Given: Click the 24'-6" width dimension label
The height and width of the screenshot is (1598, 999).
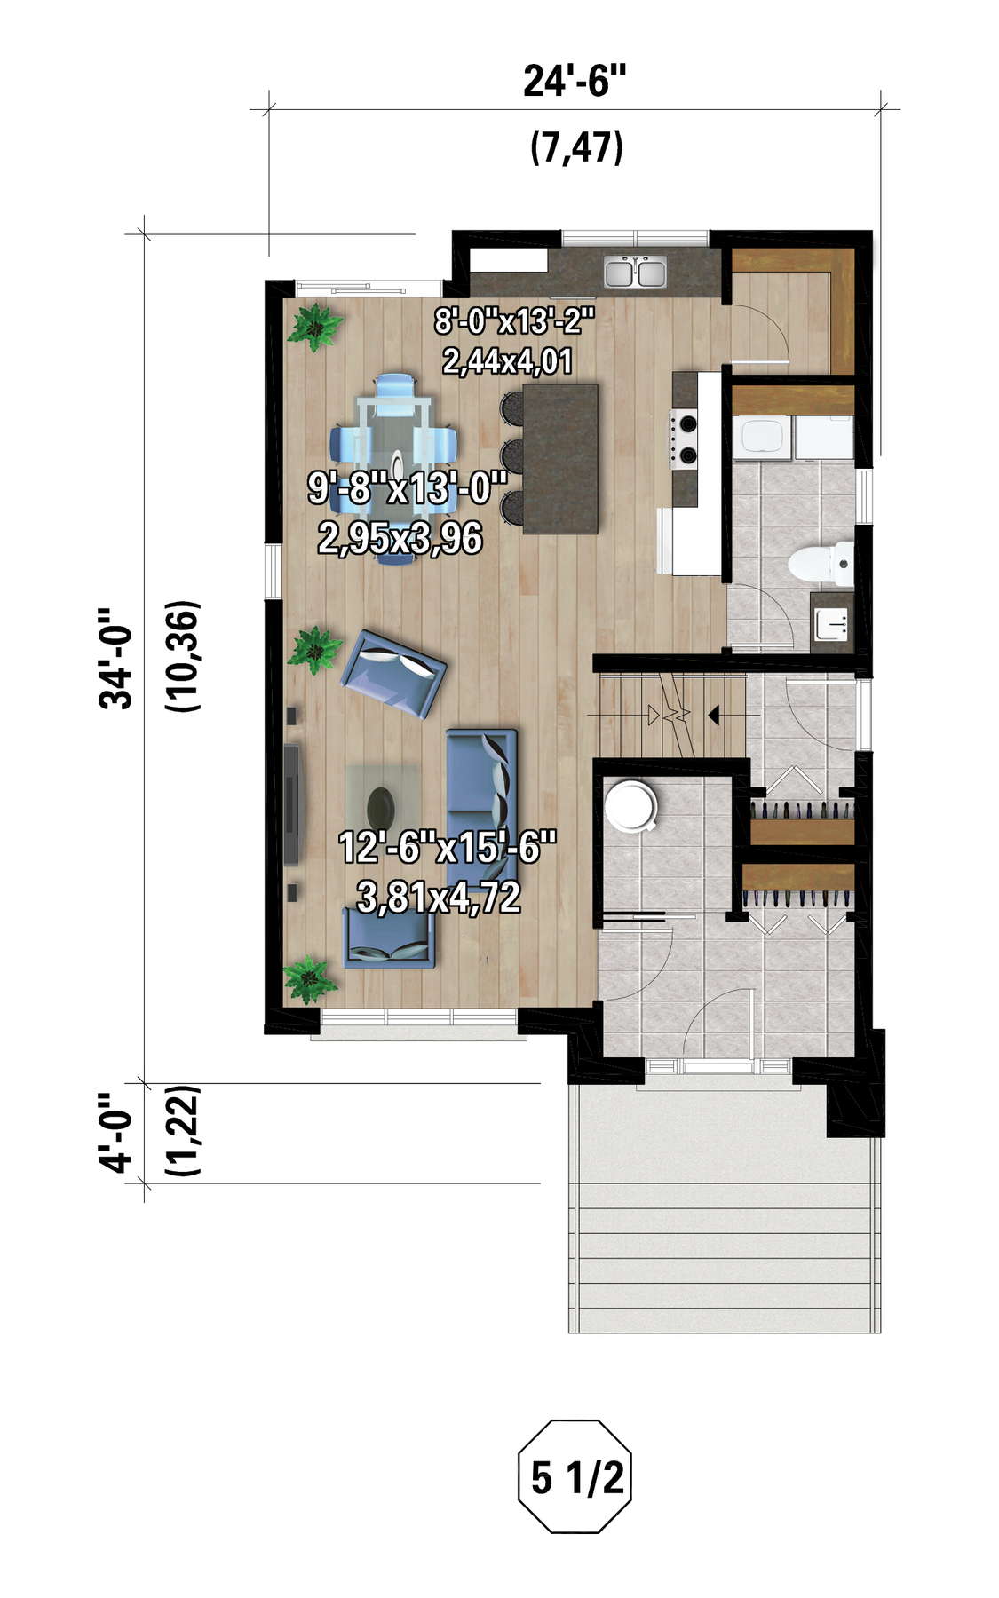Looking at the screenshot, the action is [575, 81].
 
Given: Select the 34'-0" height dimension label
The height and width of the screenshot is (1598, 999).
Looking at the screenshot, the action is [116, 658].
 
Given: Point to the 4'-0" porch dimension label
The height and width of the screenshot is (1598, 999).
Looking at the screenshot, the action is [116, 1132].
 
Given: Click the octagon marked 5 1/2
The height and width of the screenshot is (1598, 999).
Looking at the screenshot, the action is [575, 1477].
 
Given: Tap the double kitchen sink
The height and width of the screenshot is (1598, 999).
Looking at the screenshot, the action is [635, 272].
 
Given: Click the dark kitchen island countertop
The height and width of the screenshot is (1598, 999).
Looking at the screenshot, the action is [559, 458].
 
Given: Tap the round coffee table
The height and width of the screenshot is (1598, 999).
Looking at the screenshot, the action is [381, 806].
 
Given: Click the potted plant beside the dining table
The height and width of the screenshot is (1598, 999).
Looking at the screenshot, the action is [314, 327].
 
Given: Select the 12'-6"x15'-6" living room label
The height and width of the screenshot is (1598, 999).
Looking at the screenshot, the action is [447, 848].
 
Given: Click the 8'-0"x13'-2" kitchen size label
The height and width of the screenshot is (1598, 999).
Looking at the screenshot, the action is [513, 320].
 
